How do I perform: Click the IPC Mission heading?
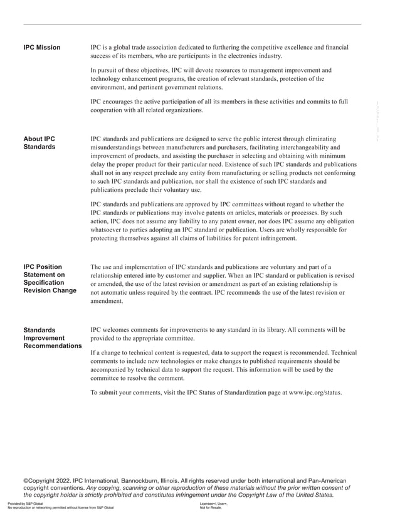(42, 48)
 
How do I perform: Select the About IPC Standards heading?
(39, 142)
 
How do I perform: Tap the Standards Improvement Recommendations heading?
(52, 338)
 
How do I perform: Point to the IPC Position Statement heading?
(50, 278)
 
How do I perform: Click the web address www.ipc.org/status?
(315, 393)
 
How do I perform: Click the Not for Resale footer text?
(210, 508)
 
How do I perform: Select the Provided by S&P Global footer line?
(25, 504)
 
